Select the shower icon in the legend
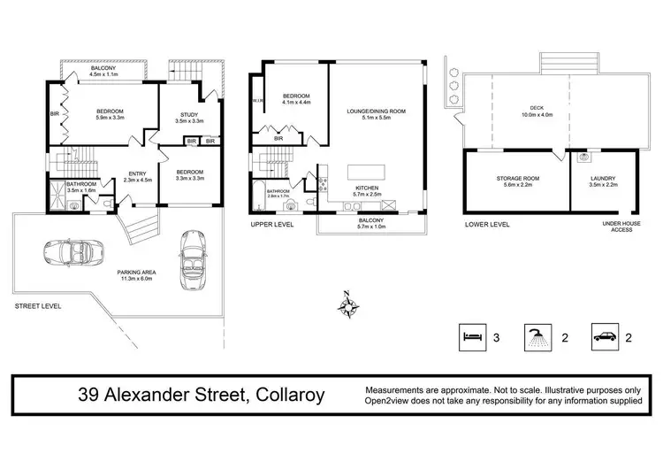pyautogui.click(x=536, y=336)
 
